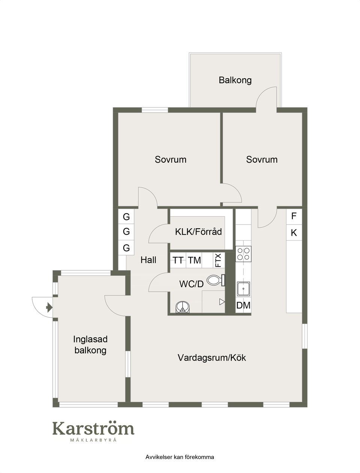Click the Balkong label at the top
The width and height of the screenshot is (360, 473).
235,80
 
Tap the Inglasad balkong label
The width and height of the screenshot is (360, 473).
90,345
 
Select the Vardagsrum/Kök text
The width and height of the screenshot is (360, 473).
211,358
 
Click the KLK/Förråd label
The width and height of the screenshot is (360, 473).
198,232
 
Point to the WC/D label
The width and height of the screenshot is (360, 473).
191,284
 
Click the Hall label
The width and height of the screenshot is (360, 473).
148,260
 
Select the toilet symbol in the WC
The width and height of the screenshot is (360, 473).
215,280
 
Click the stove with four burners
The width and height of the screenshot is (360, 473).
243,254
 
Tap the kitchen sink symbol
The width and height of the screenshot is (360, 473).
243,289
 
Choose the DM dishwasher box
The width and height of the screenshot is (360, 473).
243,305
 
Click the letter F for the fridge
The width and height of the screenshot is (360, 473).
294,216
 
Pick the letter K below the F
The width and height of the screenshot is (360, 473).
294,233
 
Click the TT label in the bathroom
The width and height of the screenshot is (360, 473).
178,260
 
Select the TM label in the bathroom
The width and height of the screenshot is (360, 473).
194,260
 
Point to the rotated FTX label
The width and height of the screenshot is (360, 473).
218,260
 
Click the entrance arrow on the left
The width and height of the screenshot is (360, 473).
48,308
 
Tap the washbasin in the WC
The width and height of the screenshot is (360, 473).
183,307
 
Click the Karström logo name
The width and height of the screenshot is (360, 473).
93,428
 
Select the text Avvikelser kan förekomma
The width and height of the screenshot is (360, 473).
180,457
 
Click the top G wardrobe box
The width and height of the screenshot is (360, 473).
126,217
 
